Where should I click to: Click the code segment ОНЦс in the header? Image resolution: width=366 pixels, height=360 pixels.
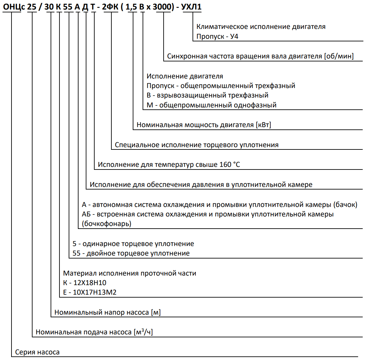[x=14, y=7]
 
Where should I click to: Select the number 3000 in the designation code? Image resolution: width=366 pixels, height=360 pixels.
[x=163, y=7]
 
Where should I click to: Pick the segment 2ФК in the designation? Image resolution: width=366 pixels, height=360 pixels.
[x=110, y=7]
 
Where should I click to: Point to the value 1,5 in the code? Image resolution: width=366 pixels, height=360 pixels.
[x=131, y=7]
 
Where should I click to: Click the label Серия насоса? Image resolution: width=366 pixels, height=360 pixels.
[x=37, y=352]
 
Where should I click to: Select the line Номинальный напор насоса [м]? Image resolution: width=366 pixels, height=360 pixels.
[x=107, y=312]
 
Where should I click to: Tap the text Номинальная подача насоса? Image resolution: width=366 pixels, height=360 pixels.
[x=83, y=332]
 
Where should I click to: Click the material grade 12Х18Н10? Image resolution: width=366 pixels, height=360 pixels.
[x=90, y=283]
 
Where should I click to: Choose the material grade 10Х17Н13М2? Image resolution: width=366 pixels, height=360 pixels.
[x=94, y=292]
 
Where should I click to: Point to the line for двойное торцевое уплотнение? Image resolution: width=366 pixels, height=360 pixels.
[x=131, y=253]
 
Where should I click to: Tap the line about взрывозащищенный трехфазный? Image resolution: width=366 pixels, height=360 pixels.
[x=207, y=95]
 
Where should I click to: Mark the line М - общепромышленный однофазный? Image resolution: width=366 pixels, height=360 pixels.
[x=211, y=105]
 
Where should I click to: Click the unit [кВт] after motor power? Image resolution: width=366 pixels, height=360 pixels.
[x=263, y=125]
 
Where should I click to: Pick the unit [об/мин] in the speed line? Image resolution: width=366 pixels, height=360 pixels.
[x=339, y=56]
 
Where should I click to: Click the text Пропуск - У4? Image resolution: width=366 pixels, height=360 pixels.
[x=217, y=36]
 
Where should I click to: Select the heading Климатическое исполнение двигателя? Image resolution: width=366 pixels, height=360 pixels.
[x=261, y=27]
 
